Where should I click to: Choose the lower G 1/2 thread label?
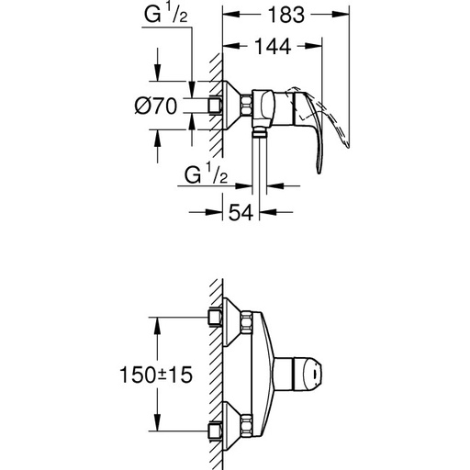tap(205, 175)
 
